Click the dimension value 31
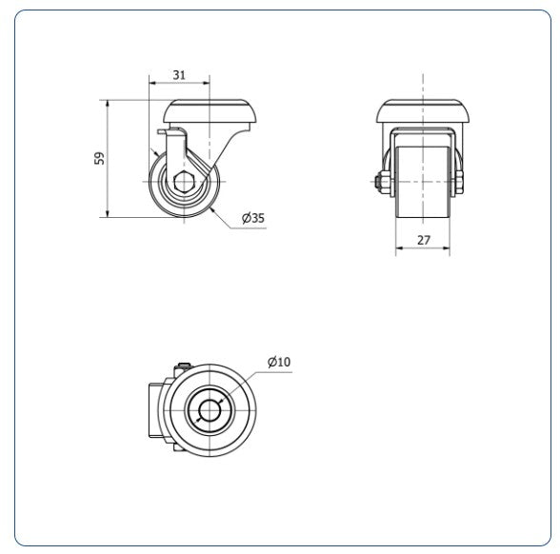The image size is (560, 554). click(x=179, y=75)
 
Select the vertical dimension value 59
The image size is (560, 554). click(x=100, y=158)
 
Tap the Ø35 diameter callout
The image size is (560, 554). click(x=253, y=217)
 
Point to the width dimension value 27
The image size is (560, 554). click(x=423, y=240)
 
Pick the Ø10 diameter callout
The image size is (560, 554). click(x=279, y=362)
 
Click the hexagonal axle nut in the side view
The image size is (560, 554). click(x=184, y=182)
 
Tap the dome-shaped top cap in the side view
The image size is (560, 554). click(x=210, y=111)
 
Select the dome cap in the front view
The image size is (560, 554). click(x=423, y=111)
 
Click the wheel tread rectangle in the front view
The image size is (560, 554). click(x=423, y=182)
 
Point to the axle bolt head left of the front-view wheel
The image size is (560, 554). click(x=379, y=181)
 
